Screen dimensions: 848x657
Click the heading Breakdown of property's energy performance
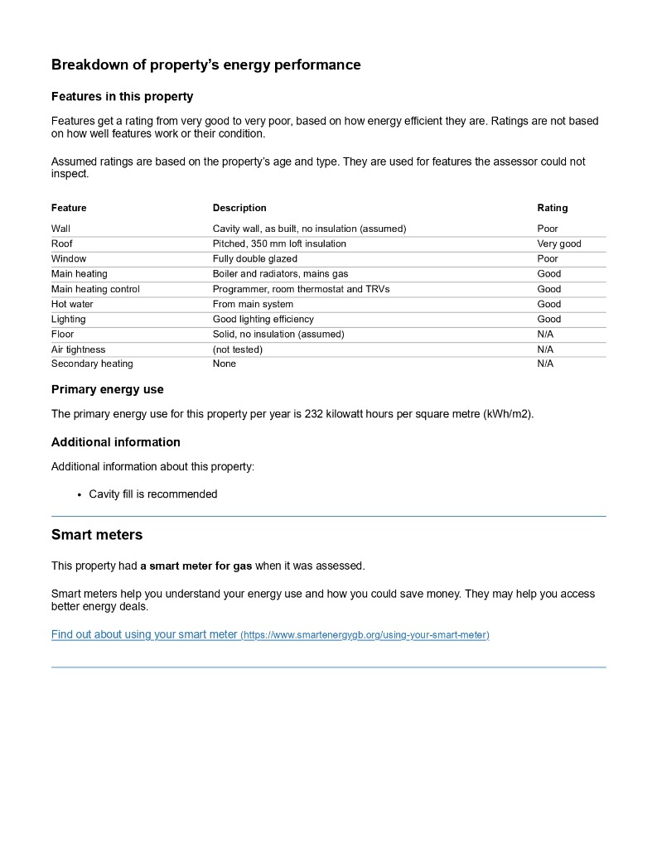click(205, 65)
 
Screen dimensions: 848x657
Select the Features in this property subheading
click(122, 96)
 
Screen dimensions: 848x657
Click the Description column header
click(239, 208)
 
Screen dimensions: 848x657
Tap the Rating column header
click(553, 208)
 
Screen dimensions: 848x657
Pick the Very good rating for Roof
click(559, 243)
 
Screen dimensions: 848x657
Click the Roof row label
click(62, 243)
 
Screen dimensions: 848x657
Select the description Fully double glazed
click(254, 258)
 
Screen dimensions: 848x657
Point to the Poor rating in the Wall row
click(548, 229)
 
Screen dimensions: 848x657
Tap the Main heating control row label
click(95, 289)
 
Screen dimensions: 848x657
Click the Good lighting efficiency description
click(263, 319)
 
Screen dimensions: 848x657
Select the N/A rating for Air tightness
click(545, 349)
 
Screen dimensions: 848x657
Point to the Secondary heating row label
click(92, 364)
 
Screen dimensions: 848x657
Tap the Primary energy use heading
click(108, 389)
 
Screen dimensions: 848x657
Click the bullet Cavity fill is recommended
click(153, 494)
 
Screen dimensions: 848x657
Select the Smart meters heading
click(97, 535)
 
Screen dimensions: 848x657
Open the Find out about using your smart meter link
click(270, 635)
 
